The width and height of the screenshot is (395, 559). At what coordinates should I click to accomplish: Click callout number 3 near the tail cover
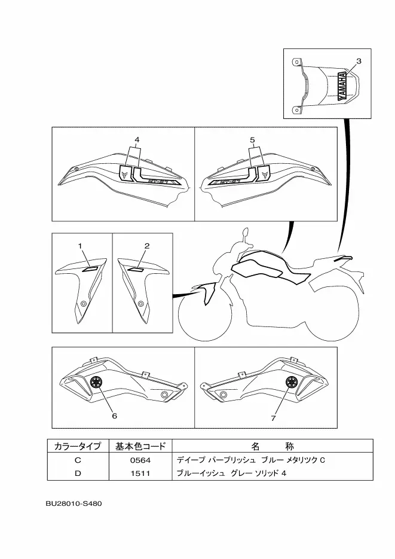click(x=359, y=61)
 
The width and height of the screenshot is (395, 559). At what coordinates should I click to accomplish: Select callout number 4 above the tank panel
click(x=137, y=140)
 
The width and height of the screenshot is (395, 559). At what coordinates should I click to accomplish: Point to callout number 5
click(x=252, y=140)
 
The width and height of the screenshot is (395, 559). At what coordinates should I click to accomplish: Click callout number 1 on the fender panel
click(x=79, y=246)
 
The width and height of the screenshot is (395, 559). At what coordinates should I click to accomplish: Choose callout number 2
click(x=147, y=246)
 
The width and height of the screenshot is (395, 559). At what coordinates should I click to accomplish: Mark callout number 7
click(x=273, y=419)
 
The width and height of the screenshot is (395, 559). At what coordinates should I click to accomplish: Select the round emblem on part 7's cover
click(x=292, y=383)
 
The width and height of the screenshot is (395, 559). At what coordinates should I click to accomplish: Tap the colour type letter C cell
click(x=78, y=460)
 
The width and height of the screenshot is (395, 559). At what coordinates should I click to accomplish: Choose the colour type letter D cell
click(x=78, y=474)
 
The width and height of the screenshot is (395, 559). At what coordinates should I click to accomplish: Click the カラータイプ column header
click(x=78, y=447)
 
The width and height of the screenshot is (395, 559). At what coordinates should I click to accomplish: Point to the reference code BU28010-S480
click(x=74, y=503)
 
